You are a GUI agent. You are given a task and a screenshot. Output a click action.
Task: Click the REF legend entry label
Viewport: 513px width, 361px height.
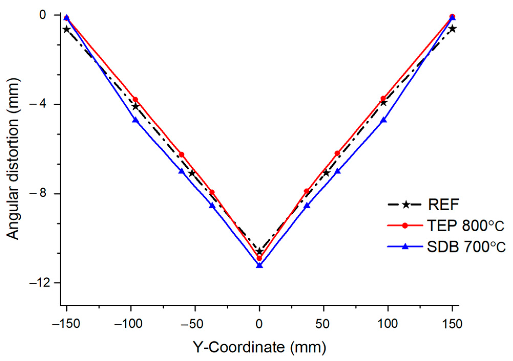pyautogui.click(x=443, y=205)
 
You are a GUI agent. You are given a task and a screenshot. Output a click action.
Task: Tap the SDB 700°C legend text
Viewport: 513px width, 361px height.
pyautogui.click(x=466, y=247)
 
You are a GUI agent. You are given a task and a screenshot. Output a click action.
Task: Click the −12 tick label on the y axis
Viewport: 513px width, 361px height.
pyautogui.click(x=40, y=283)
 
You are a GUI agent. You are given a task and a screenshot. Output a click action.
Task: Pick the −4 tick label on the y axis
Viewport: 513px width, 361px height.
pyautogui.click(x=40, y=104)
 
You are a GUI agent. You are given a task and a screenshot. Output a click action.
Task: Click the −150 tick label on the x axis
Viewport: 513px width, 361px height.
pyautogui.click(x=66, y=324)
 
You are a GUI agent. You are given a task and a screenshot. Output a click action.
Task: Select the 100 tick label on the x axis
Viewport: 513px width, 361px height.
pyautogui.click(x=388, y=324)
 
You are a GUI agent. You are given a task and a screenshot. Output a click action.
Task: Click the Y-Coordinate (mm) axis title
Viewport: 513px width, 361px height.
pyautogui.click(x=259, y=347)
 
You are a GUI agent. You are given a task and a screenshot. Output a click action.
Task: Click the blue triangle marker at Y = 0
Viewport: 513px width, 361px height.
pyautogui.click(x=259, y=265)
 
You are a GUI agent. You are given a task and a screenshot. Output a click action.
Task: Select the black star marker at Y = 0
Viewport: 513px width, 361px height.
pyautogui.click(x=259, y=251)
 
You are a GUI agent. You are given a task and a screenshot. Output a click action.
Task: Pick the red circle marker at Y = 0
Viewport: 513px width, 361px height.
pyautogui.click(x=259, y=258)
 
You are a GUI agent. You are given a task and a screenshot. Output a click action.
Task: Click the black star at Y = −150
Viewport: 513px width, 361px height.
pyautogui.click(x=67, y=29)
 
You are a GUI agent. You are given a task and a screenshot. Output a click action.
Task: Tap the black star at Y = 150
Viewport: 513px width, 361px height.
pyautogui.click(x=453, y=29)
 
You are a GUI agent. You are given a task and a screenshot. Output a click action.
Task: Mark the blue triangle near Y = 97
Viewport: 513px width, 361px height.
pyautogui.click(x=383, y=120)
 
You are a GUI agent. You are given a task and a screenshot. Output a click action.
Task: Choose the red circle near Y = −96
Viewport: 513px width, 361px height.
pyautogui.click(x=135, y=99)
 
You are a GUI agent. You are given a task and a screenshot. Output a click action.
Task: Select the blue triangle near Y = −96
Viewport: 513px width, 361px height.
pyautogui.click(x=135, y=120)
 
